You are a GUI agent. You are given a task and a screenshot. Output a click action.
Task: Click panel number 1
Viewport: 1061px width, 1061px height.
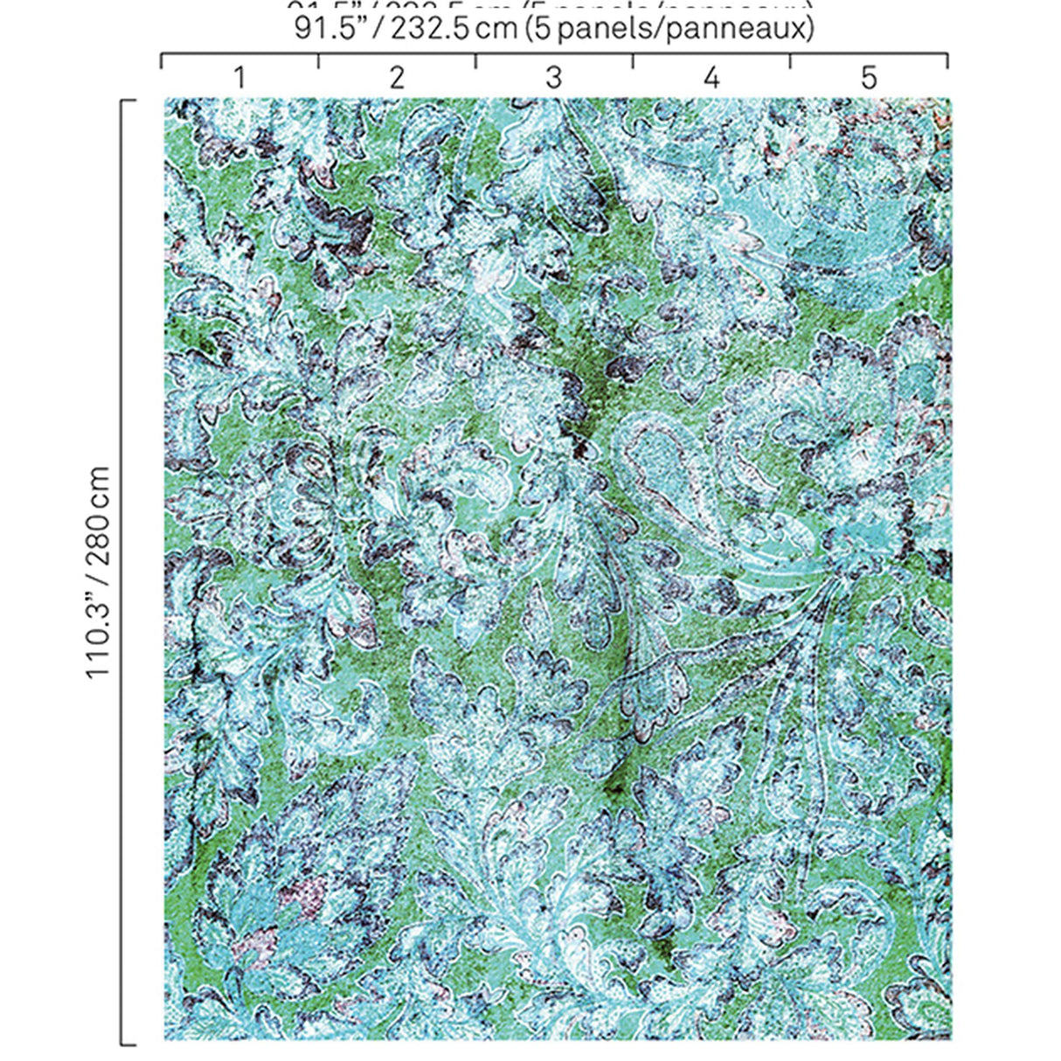pos(239,79)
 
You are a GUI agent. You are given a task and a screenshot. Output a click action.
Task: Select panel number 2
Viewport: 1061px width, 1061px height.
pos(397,79)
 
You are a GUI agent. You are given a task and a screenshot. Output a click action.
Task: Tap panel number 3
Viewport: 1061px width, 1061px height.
pos(554,79)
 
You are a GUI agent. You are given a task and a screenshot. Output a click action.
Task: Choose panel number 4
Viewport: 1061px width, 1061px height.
pos(711,79)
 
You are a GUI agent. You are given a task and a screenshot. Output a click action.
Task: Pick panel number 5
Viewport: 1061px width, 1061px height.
pos(868,79)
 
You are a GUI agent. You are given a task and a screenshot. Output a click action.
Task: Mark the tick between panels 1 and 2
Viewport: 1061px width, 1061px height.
pos(318,60)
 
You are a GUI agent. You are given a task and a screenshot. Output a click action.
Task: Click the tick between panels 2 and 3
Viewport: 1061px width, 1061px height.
pos(475,60)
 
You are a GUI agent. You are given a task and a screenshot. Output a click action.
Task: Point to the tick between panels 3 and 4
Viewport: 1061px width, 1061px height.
pos(633,60)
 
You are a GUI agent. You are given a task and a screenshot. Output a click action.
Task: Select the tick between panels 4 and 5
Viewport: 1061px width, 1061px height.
pos(790,60)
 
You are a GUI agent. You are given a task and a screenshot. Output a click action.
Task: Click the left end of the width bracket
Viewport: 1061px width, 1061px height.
pos(161,60)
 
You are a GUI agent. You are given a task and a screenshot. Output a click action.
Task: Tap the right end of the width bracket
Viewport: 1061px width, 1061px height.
pos(947,60)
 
